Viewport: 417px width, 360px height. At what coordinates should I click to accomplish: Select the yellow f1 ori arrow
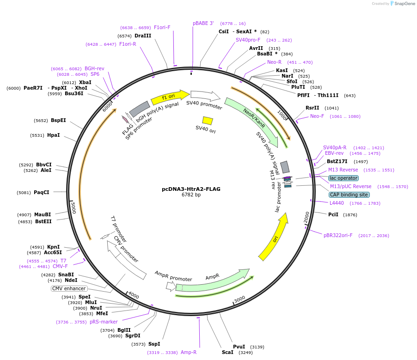click(x=169, y=98)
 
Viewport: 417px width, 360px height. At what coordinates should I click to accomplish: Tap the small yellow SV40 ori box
click(x=208, y=121)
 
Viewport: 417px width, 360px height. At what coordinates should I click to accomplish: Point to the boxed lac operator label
click(x=343, y=178)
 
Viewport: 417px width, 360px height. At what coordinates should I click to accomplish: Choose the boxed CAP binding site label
click(x=349, y=195)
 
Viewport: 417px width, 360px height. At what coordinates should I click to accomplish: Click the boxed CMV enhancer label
click(x=69, y=288)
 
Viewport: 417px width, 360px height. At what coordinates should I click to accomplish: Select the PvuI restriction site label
click(x=239, y=347)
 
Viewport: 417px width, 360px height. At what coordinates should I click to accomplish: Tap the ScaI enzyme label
click(x=227, y=352)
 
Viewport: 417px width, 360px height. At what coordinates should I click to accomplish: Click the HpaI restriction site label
click(x=53, y=135)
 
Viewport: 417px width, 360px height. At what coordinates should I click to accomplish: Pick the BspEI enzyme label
click(x=58, y=120)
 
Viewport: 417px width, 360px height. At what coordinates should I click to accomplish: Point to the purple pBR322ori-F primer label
click(x=338, y=235)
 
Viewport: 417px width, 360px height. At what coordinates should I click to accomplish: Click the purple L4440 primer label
click(x=337, y=203)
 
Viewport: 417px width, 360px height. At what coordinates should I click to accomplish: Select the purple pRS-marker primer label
click(x=104, y=322)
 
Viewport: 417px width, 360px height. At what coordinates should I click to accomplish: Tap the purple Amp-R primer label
click(x=189, y=352)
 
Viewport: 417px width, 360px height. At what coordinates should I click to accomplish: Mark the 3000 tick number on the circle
click(x=239, y=299)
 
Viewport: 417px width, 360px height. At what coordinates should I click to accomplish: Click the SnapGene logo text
click(x=404, y=4)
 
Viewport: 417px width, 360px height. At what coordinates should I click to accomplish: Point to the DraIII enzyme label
click(x=143, y=36)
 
